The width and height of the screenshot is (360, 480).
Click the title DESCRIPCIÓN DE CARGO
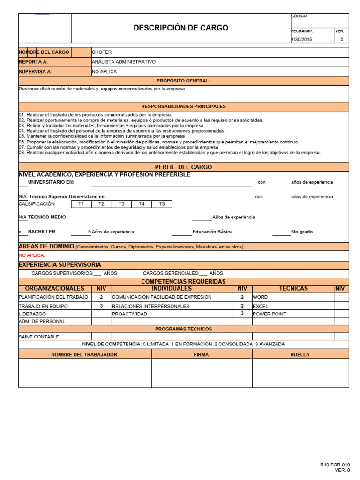click(181, 28)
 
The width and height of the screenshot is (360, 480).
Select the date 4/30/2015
click(301, 40)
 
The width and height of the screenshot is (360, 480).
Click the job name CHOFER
click(102, 52)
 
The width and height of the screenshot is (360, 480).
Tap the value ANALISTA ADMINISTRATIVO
click(124, 62)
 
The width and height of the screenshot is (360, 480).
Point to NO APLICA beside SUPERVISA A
click(105, 72)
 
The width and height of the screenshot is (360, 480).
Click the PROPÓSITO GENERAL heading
click(183, 81)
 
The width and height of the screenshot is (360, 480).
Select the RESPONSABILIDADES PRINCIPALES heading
click(183, 107)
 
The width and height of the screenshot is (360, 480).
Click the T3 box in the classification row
click(121, 204)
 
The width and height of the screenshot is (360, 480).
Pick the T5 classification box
click(162, 204)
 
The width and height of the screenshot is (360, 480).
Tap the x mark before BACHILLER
click(20, 232)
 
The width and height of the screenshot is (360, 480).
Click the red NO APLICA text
click(32, 255)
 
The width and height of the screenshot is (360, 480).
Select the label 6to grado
click(301, 232)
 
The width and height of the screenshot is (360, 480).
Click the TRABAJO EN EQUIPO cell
click(43, 306)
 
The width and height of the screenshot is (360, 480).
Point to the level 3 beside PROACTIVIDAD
click(242, 313)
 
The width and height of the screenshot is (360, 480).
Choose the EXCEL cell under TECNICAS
click(261, 306)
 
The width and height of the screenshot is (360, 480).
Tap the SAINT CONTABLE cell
click(39, 337)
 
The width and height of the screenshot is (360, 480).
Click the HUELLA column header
click(300, 355)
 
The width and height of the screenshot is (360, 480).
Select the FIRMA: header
click(202, 355)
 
